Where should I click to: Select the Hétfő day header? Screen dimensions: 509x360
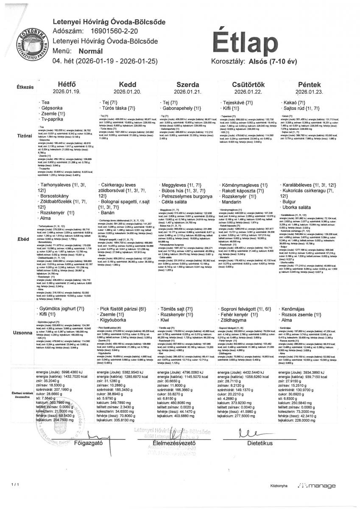pos(64,84)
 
